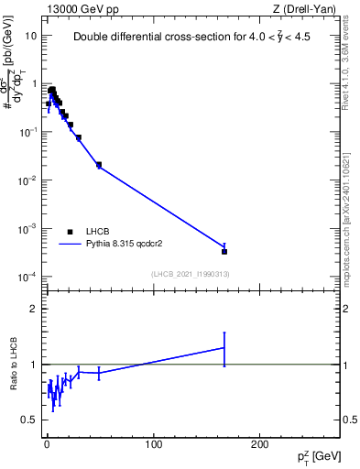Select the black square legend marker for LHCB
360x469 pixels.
70,232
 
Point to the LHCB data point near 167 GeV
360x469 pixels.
224,251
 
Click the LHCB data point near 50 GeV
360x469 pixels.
99,165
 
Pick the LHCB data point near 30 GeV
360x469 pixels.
79,137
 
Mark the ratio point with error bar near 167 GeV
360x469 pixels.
224,347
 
